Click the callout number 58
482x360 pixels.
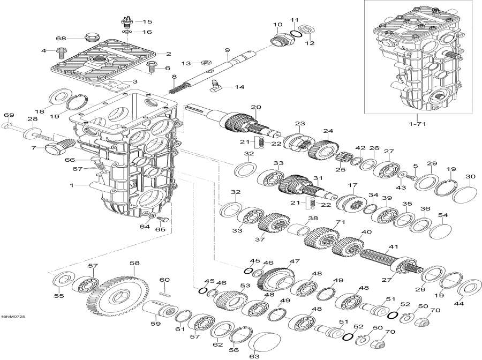click(134, 263)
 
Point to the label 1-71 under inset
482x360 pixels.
click(420, 124)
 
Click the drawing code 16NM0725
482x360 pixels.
click(13, 317)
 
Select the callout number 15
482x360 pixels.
click(147, 22)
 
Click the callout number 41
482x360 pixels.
click(394, 247)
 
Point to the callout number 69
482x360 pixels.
click(8, 115)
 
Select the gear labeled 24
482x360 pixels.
click(323, 149)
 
